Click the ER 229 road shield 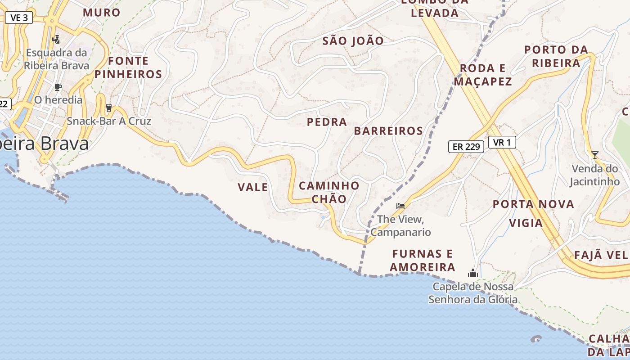pos(466,146)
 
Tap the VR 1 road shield pos(502,143)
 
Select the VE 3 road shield pos(19,18)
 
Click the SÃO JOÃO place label pos(353,41)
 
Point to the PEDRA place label pos(327,122)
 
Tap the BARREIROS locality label pos(388,131)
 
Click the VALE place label pos(253,187)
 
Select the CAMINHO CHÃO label pos(329,192)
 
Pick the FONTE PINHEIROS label pos(128,67)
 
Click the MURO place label pos(102,13)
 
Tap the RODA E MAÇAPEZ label pos(483,75)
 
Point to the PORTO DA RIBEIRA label pos(556,56)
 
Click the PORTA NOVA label pos(533,204)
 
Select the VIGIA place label pos(526,223)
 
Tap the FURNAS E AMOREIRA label pos(423,260)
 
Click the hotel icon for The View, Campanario pos(400,206)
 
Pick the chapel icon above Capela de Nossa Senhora pos(472,273)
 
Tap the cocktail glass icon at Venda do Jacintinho pos(595,155)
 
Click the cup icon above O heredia pos(58,87)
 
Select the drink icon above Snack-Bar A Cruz pos(108,108)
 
